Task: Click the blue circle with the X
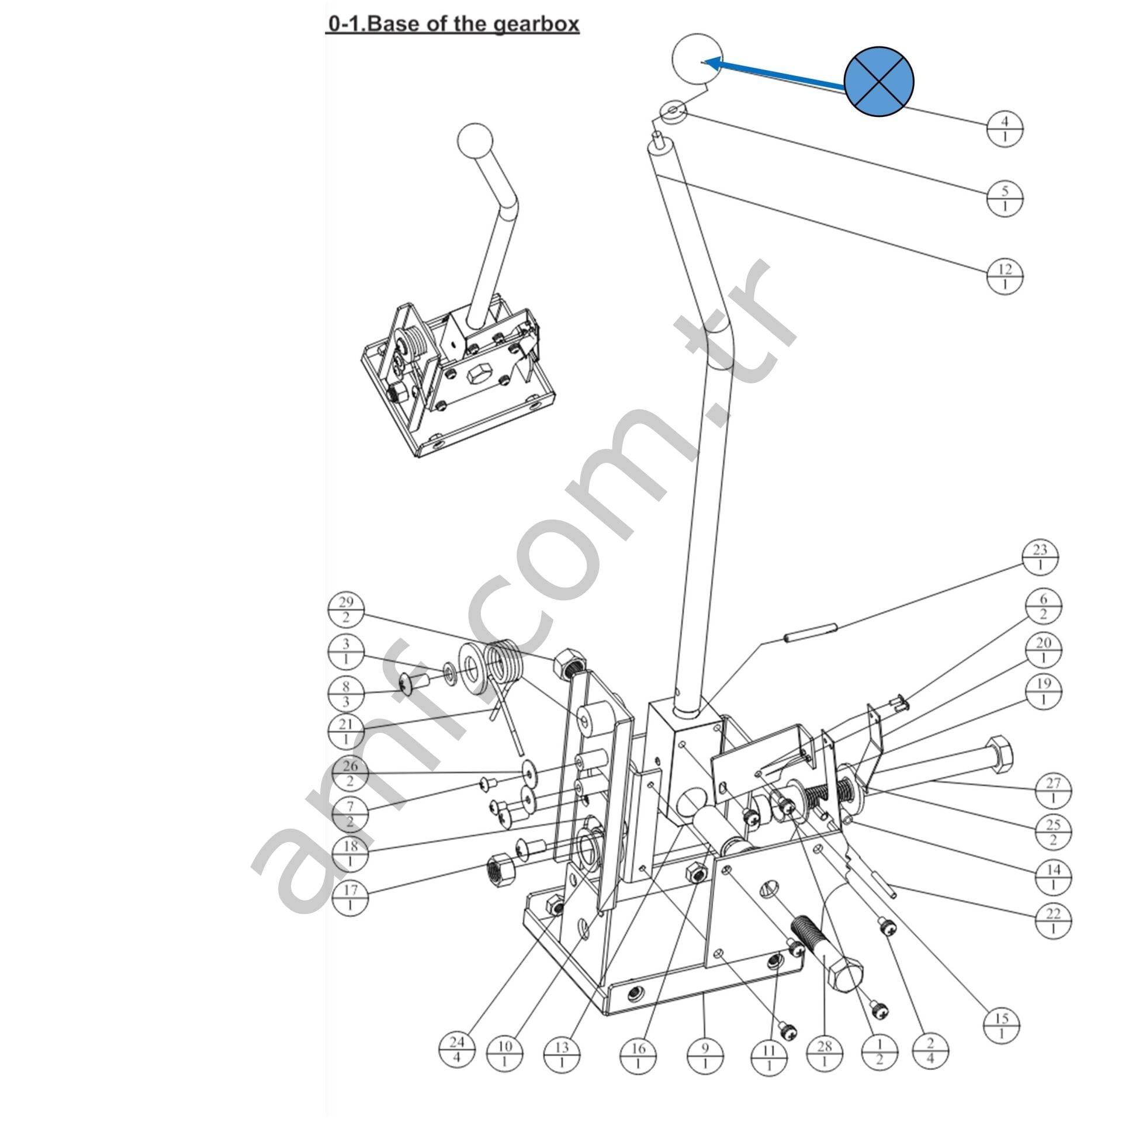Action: [x=879, y=81]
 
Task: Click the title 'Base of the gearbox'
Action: [x=453, y=25]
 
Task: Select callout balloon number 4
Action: [x=1005, y=129]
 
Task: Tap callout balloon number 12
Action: [x=1005, y=276]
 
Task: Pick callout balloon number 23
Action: [x=1040, y=557]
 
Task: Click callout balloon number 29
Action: [x=346, y=610]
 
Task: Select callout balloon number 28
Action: [x=824, y=1053]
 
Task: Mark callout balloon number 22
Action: [x=1053, y=922]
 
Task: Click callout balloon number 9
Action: [x=705, y=1055]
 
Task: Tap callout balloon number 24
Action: [x=457, y=1049]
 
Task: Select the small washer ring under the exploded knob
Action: [x=673, y=110]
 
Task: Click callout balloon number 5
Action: [x=1005, y=198]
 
